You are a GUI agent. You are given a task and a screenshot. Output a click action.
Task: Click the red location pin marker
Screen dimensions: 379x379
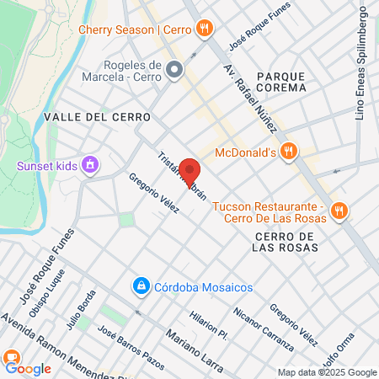[x=189, y=172]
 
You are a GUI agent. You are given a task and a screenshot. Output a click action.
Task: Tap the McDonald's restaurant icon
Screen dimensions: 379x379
[x=288, y=152]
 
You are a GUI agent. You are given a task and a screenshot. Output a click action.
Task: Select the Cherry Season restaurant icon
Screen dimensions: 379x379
[x=204, y=29]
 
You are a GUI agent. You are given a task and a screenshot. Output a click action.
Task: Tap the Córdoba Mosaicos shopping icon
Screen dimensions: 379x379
[x=141, y=287]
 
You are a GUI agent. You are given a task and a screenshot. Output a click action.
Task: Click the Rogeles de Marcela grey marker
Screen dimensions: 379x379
[x=174, y=69]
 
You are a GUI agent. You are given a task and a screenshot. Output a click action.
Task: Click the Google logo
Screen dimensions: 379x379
[x=28, y=369]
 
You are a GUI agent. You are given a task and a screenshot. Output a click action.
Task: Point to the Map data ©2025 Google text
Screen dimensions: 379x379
[x=328, y=372]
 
